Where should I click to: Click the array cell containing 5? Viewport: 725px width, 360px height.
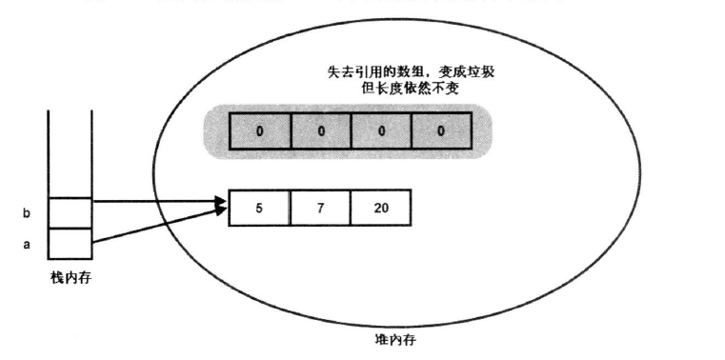(x=259, y=209)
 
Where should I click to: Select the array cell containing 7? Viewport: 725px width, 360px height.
(x=320, y=209)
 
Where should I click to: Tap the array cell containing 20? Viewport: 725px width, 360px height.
(x=380, y=209)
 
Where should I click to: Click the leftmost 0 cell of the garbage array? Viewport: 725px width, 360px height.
(x=260, y=130)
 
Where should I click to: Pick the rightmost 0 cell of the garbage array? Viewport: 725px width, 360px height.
(x=441, y=130)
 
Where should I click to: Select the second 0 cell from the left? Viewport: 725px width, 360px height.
(x=320, y=130)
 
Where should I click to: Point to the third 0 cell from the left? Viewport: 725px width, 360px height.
(x=381, y=130)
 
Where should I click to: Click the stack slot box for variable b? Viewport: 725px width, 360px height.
(x=70, y=212)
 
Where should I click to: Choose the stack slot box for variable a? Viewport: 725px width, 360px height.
(x=70, y=243)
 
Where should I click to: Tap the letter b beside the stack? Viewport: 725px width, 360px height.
(x=26, y=213)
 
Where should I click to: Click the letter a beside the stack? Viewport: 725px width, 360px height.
(x=26, y=245)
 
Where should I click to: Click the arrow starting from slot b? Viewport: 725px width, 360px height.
(x=157, y=201)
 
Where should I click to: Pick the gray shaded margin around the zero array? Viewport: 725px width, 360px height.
(x=216, y=130)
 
